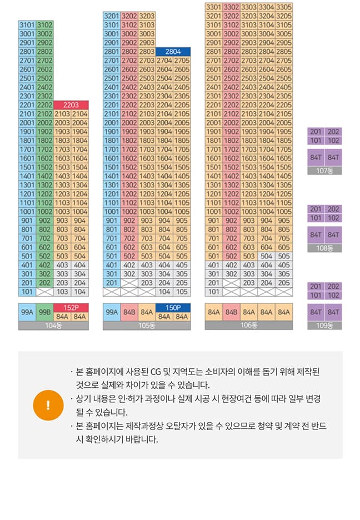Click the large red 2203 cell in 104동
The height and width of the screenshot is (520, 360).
point(71,104)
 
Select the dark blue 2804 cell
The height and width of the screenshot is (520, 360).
point(173,51)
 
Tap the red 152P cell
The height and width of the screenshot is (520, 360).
point(71,307)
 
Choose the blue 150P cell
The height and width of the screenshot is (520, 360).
point(173,307)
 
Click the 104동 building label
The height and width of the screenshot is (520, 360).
point(53,326)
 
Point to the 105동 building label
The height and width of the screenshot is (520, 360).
point(147,326)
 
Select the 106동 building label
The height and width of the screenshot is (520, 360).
point(249,326)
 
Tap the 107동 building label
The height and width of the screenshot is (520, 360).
point(325,171)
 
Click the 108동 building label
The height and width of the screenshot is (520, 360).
point(325,248)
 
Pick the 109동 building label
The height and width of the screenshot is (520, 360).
point(325,326)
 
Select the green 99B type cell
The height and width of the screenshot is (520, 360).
point(45,312)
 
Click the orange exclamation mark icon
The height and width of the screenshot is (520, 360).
point(48,405)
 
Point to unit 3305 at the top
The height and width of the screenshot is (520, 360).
point(284,7)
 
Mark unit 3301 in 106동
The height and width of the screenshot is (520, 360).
point(214,7)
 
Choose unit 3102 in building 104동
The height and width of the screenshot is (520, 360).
point(45,25)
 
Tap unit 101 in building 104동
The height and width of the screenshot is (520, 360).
point(27,292)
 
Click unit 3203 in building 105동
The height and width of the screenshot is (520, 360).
point(147,16)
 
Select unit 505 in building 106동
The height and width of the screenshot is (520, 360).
point(284,256)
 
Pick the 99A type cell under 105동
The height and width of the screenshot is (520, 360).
point(112,312)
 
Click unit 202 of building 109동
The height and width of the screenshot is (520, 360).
point(333,287)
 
